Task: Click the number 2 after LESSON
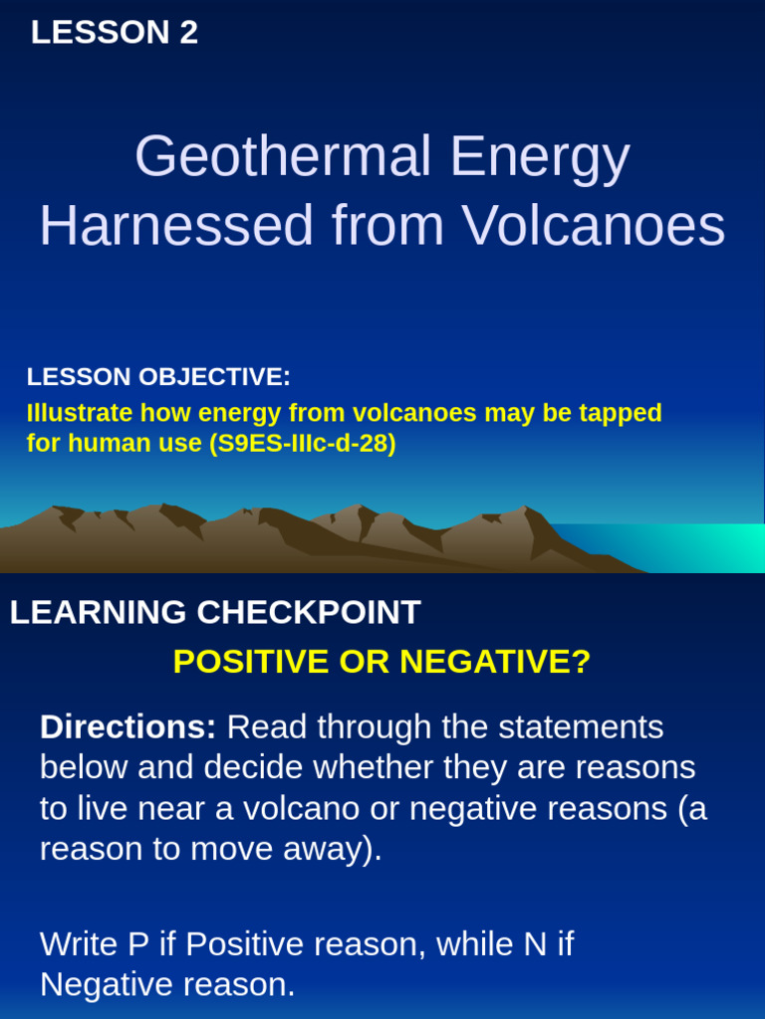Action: [x=188, y=33]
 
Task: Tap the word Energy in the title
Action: [x=539, y=157]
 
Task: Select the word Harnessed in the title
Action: [x=176, y=226]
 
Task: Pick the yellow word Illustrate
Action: [x=79, y=413]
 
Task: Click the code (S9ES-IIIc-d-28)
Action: [x=302, y=444]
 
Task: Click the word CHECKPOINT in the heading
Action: [x=308, y=613]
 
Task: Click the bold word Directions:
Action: [x=127, y=727]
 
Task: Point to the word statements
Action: [x=581, y=727]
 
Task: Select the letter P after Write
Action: [x=137, y=944]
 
